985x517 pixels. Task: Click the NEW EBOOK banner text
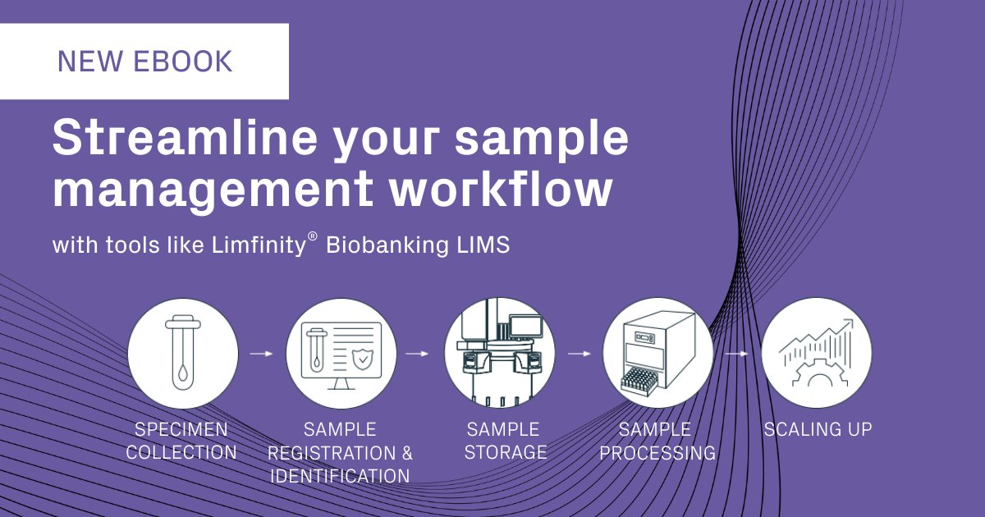point(144,62)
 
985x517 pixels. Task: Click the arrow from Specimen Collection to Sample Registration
point(262,354)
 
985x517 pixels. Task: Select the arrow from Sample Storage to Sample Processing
point(579,354)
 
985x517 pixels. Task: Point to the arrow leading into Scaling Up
point(736,354)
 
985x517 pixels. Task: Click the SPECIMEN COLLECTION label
point(182,441)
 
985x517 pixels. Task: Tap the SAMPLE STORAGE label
point(505,441)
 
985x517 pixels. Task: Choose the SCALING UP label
point(818,429)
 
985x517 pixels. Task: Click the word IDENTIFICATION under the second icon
point(340,476)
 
